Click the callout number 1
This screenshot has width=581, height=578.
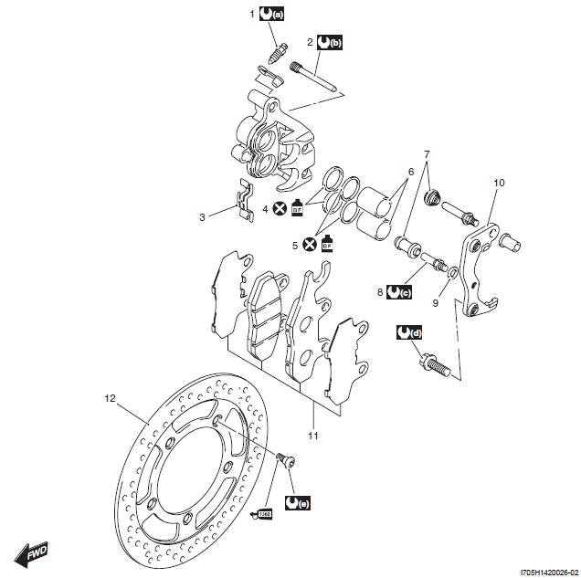(253, 14)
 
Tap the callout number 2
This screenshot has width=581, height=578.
(310, 42)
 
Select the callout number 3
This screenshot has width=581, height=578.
(203, 217)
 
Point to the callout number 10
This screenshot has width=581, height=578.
(498, 183)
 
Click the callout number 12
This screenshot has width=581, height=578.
(110, 398)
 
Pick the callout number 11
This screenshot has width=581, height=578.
(312, 436)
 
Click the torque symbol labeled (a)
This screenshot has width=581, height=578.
(272, 14)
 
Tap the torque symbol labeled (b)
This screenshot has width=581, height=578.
(329, 42)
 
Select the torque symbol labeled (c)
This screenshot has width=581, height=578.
(398, 293)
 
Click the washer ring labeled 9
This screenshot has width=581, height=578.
(453, 274)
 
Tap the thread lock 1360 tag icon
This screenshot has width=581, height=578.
(265, 513)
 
